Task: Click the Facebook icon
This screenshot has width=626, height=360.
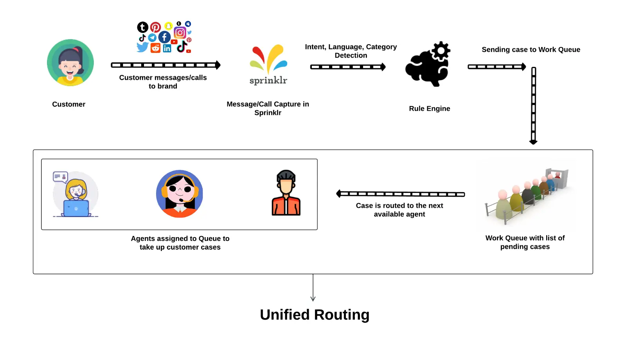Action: (164, 38)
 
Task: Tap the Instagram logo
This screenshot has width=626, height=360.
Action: (180, 33)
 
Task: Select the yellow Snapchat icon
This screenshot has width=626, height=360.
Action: (168, 26)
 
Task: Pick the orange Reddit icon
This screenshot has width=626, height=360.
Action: (155, 48)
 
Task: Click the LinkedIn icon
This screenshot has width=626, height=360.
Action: (167, 48)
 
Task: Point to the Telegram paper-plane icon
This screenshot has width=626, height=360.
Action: (153, 38)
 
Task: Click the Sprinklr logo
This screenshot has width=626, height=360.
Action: (268, 65)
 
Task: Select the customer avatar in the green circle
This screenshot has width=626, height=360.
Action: (70, 63)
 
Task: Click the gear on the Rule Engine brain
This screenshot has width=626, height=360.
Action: (441, 50)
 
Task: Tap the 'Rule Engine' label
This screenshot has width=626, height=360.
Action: (429, 109)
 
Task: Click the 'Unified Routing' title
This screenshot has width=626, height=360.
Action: (315, 315)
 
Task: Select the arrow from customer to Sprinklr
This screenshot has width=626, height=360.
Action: (165, 65)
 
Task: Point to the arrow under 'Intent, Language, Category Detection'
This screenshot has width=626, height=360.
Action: (348, 67)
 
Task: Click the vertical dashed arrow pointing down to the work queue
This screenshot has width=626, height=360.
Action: (533, 106)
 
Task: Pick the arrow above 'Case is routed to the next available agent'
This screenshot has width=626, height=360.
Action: (400, 194)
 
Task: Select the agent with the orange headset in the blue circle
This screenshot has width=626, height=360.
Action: (180, 194)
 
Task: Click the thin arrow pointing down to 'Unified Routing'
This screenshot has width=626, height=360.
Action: (313, 288)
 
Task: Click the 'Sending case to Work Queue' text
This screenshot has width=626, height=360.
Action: (531, 50)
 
